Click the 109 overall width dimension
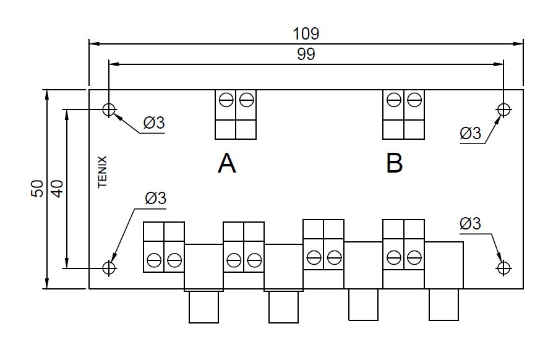[306, 34]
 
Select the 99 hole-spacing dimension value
[306, 54]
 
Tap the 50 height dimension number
[37, 189]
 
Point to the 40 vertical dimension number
[58, 189]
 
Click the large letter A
[227, 163]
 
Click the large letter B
[394, 163]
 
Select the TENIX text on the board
[103, 172]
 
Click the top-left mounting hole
[109, 109]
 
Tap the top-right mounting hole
[503, 109]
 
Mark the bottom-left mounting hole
[109, 268]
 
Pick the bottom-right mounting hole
[503, 268]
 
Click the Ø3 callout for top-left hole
[154, 122]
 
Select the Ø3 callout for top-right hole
[471, 133]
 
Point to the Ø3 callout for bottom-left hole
[155, 198]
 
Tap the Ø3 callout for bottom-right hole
[471, 223]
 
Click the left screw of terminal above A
[226, 100]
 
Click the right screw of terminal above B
[414, 100]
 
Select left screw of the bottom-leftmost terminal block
[154, 260]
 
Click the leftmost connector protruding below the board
[203, 306]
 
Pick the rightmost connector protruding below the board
[444, 305]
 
